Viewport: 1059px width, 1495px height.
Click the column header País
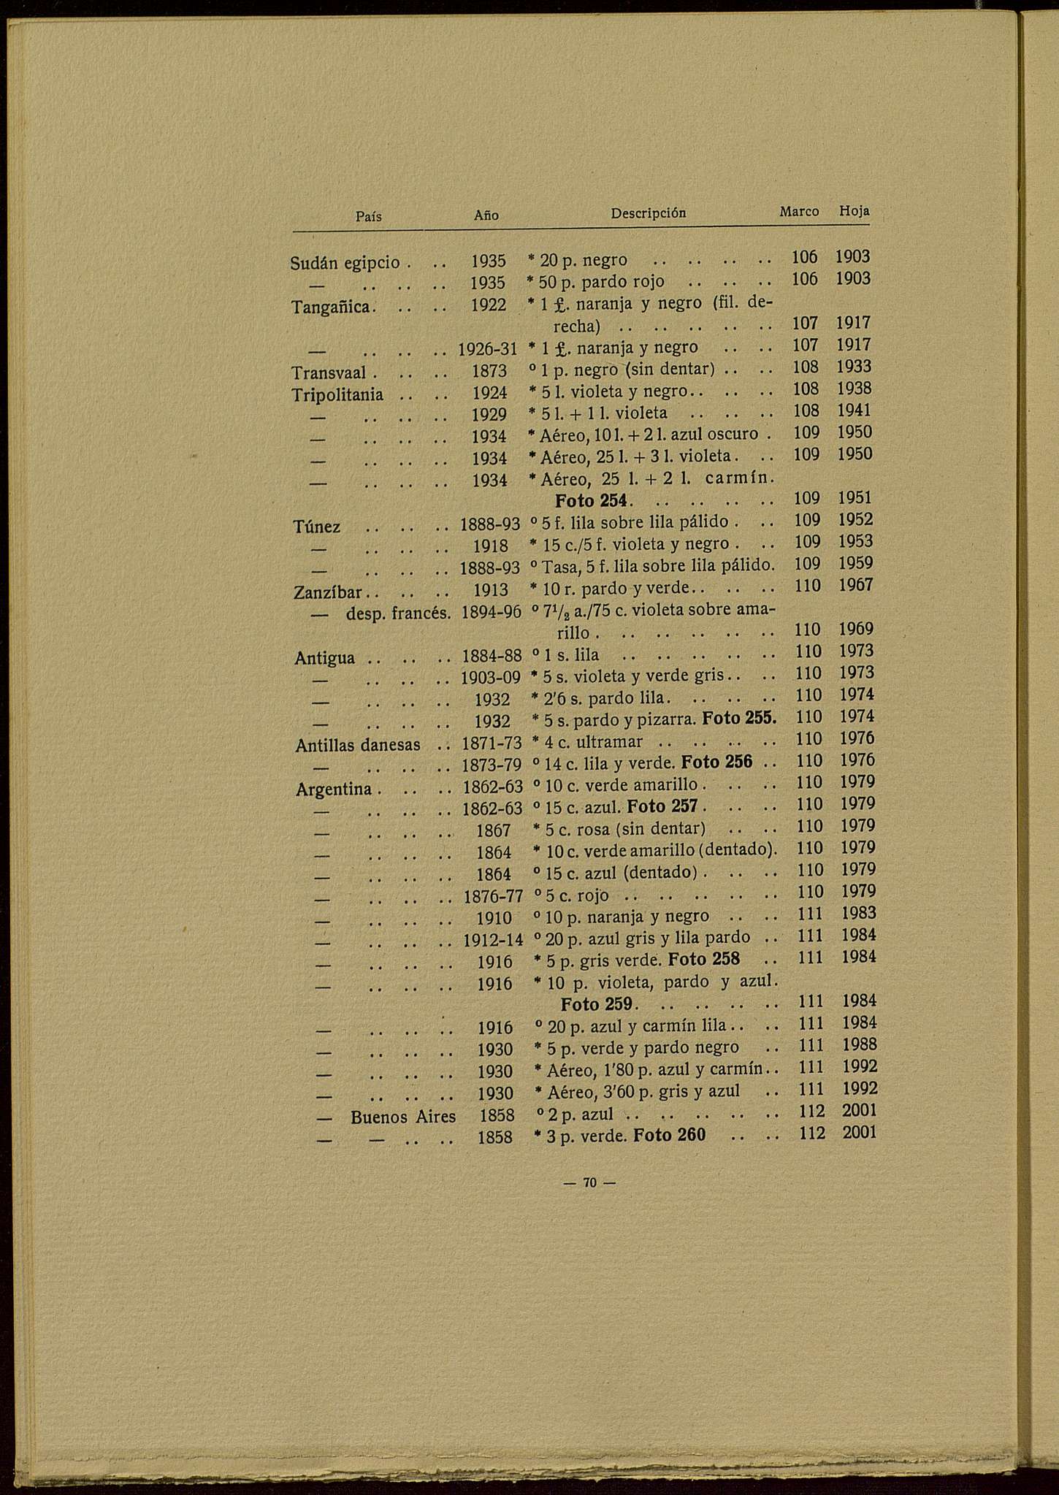[369, 216]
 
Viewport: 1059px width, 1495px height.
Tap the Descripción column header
[649, 213]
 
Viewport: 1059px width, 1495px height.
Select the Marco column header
[799, 211]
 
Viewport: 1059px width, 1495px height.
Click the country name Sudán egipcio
[345, 262]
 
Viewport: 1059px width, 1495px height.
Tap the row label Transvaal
[329, 373]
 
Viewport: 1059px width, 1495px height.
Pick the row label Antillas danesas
[359, 746]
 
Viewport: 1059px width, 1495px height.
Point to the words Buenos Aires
[403, 1117]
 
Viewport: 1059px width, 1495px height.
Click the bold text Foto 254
[592, 502]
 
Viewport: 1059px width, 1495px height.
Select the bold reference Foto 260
[669, 1136]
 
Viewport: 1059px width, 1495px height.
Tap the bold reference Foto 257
[662, 807]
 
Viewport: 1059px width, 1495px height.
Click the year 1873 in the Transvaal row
[489, 371]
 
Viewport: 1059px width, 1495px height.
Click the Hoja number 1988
[859, 1044]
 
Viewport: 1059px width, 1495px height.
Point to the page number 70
[591, 1182]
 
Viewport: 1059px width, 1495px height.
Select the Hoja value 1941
[854, 410]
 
